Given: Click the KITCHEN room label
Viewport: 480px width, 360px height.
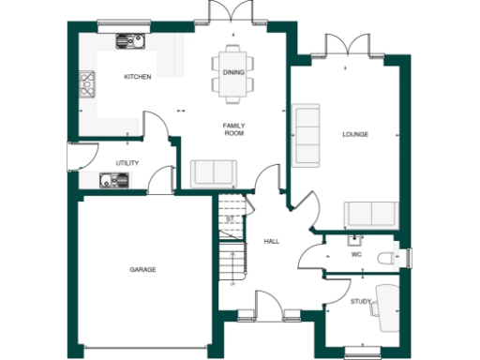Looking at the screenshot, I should pos(139,77).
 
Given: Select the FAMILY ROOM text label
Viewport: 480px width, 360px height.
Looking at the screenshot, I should pos(232,129).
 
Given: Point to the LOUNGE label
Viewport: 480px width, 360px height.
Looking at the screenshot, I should pos(355,134).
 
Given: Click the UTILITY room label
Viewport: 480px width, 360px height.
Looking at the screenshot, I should pos(127,163).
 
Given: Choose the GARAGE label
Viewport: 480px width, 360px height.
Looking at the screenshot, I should pos(142,270).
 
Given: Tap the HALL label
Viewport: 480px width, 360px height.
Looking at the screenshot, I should pos(271,241).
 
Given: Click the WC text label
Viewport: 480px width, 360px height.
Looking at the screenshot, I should pos(356,254).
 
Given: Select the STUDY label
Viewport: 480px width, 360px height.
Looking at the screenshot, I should pos(361,301).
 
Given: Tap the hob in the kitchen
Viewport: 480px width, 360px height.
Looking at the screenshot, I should pos(87,85).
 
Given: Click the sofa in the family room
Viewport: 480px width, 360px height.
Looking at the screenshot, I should pos(213,173).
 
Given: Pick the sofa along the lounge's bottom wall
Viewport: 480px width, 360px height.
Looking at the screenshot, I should pos(370,215).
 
